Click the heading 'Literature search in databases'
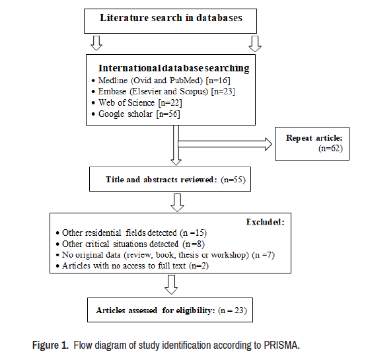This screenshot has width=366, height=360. pos(171,18)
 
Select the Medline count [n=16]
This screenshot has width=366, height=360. pos(218,81)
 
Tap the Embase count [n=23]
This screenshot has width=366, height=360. pos(223,91)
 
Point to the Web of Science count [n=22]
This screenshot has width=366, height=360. pos(170,102)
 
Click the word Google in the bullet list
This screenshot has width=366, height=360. pos(111,114)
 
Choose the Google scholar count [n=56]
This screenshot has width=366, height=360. pos(168,114)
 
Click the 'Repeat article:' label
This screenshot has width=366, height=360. pos(314,138)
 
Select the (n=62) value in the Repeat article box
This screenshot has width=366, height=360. pos(330,149)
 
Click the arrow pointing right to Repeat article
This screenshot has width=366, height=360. pos(225,144)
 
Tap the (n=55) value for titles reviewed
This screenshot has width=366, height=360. pos(233,180)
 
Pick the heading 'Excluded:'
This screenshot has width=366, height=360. pos(266,222)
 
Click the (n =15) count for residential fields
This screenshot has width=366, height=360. pos(194,233)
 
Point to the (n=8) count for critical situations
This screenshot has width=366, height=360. pos(194,244)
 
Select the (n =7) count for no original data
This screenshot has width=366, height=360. pos(264,255)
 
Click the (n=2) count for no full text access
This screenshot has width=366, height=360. pos(199,266)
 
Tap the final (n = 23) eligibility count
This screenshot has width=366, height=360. pos(233,310)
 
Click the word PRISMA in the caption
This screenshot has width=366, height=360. pos(281,345)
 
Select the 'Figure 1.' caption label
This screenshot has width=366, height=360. pos(50,345)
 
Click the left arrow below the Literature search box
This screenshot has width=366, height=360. pos(96,43)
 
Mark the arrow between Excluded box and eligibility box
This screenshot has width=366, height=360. pos(171,285)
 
